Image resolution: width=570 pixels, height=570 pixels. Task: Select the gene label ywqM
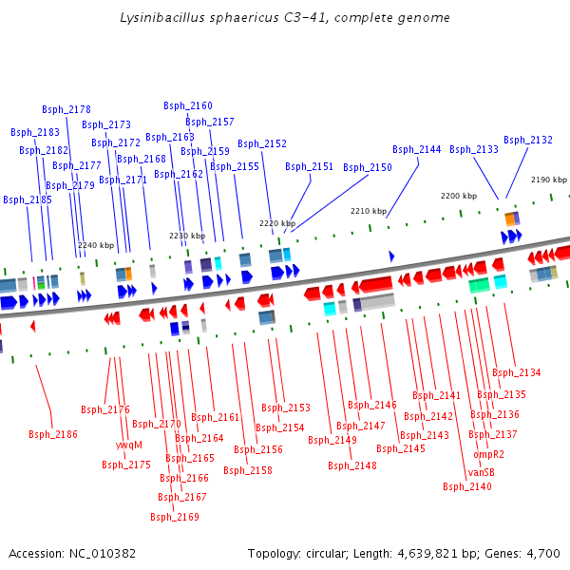129,445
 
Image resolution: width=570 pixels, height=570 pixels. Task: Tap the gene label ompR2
488,453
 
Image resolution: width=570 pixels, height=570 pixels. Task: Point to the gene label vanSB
482,472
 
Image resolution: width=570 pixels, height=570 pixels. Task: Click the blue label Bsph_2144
417,149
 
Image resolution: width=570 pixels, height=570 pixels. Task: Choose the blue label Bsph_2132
528,140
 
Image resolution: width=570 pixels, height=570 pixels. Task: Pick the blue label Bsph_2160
188,105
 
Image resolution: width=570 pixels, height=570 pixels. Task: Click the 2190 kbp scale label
549,180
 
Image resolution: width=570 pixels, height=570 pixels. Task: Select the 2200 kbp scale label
459,196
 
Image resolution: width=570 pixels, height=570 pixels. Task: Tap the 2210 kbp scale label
369,211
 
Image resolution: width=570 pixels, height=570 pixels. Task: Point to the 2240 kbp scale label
96,245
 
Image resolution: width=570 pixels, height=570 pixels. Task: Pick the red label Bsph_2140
467,486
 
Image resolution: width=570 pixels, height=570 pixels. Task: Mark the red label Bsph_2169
175,517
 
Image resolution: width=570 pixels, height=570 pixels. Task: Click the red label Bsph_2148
352,465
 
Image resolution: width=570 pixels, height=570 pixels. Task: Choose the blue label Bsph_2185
28,199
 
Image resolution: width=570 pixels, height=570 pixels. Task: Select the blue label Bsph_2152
262,143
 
